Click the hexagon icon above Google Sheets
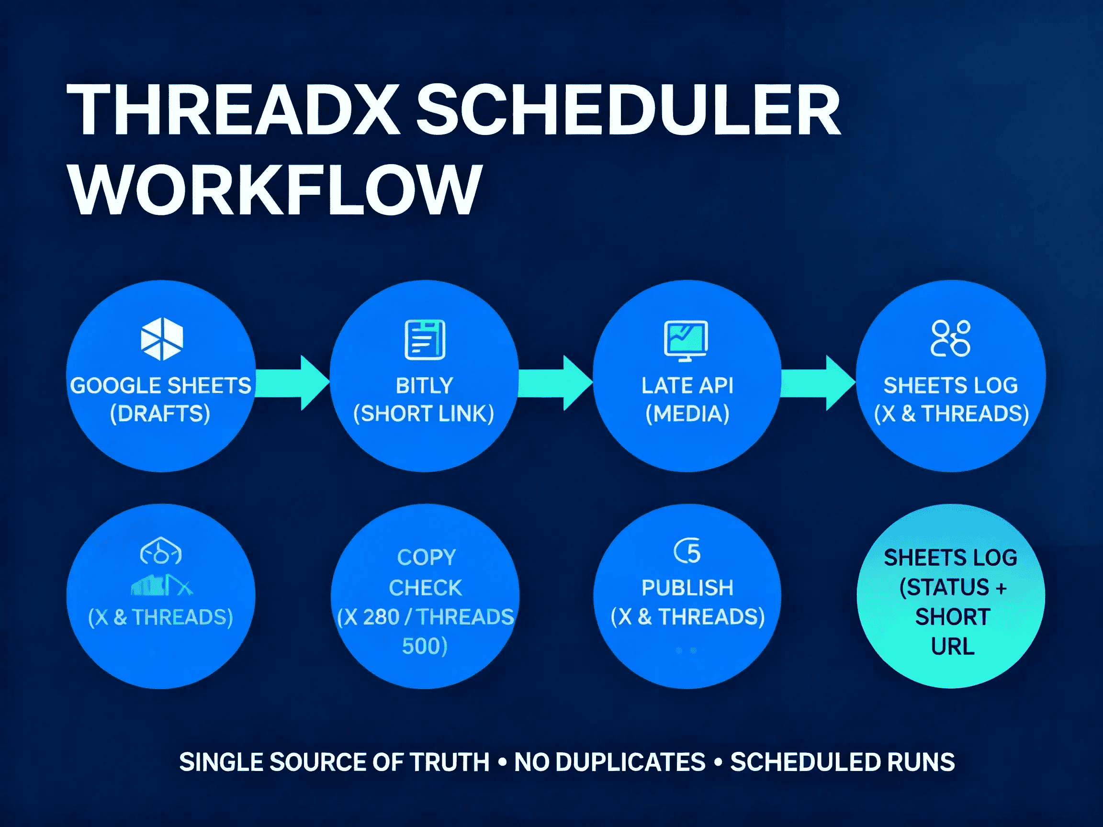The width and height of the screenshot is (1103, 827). pos(161,339)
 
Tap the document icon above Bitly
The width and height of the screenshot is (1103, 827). pos(425,339)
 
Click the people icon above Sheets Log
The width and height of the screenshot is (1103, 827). pos(950,338)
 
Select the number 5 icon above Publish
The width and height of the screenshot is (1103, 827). pos(688,552)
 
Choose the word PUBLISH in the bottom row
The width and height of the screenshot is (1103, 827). pos(687,588)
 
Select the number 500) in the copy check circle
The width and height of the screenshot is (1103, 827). pos(425,646)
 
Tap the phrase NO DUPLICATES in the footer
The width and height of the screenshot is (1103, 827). pos(610,762)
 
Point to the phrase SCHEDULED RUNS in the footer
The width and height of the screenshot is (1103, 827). pos(843,762)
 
